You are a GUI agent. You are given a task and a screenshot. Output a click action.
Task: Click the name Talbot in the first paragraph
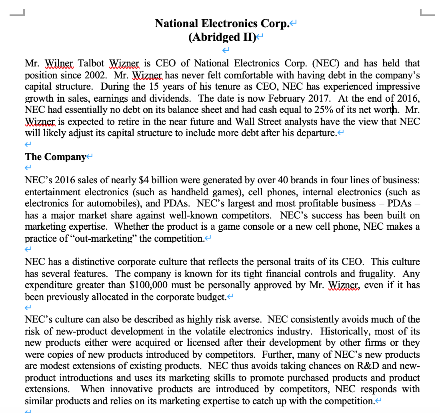click(91, 63)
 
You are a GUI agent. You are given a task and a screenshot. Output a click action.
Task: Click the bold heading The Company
click(55, 156)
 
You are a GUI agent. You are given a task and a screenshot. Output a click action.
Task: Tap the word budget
click(211, 297)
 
